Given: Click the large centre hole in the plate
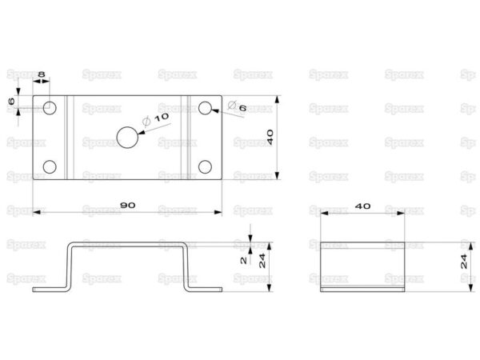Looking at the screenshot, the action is click(x=127, y=137).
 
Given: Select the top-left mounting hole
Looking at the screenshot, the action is click(x=50, y=108).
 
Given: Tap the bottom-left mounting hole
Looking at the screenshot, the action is click(x=50, y=167).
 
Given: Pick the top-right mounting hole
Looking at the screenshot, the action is click(x=205, y=108).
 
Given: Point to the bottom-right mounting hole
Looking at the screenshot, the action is click(x=205, y=167).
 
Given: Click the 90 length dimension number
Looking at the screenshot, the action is click(x=128, y=205).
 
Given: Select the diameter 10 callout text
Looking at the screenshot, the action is click(x=155, y=120).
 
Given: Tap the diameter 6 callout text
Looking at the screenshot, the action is click(x=238, y=106).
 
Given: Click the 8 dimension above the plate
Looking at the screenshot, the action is click(x=42, y=74).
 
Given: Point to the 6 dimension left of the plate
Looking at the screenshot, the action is click(x=11, y=101).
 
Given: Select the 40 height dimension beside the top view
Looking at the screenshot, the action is click(x=270, y=137).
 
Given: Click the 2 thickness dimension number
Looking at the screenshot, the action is click(x=244, y=260).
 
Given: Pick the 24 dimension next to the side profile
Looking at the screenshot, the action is click(x=262, y=261).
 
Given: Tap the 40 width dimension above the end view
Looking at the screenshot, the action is click(x=362, y=206).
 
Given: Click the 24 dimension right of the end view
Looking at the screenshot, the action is click(x=464, y=262).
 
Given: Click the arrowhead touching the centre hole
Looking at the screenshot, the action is click(x=142, y=132).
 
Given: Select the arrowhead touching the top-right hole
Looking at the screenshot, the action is click(x=215, y=110).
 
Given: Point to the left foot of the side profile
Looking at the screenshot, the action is click(x=50, y=290).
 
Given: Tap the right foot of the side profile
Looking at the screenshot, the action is click(x=205, y=290).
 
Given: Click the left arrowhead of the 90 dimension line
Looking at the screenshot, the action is click(x=37, y=212).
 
